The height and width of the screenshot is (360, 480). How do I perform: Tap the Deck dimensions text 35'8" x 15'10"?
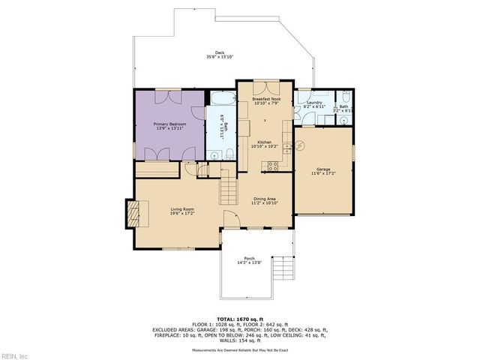[220, 57]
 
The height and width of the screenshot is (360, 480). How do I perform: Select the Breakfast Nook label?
[266, 99]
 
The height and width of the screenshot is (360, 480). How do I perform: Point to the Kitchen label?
[264, 142]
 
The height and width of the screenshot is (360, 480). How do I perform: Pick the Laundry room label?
[314, 103]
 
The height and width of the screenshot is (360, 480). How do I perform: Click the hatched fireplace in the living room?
[133, 214]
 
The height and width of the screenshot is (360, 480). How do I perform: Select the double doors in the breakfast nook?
[266, 85]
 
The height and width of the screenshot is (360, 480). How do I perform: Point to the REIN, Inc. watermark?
[15, 355]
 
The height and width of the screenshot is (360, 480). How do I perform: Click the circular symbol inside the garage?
[301, 145]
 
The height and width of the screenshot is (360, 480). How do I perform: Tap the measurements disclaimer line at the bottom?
[239, 349]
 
